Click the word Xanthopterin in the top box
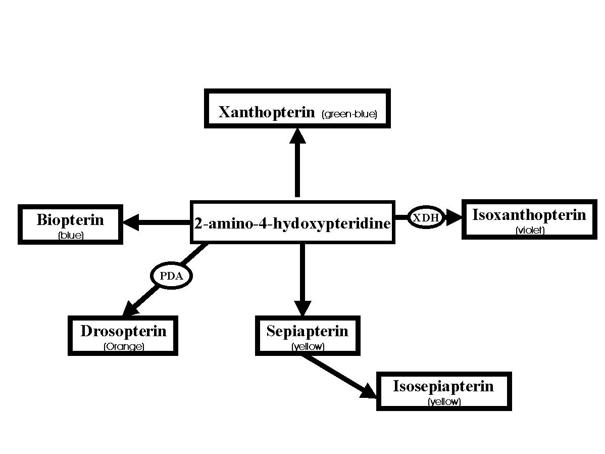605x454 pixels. click(x=267, y=112)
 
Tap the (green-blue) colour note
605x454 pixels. click(x=349, y=114)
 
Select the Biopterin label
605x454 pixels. click(x=70, y=220)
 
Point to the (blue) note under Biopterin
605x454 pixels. click(x=71, y=235)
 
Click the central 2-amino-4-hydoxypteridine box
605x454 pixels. click(x=292, y=222)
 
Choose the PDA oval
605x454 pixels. click(x=172, y=276)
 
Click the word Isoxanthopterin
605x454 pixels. click(x=529, y=215)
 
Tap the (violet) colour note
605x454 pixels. click(x=530, y=231)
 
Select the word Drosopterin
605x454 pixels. click(x=123, y=331)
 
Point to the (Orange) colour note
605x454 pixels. click(x=124, y=347)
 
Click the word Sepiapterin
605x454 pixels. click(x=308, y=331)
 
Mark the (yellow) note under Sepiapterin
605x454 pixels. click(x=308, y=347)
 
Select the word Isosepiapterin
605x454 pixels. click(x=443, y=387)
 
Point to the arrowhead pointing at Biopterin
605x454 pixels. click(x=131, y=222)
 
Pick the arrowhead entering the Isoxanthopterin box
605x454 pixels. click(x=455, y=217)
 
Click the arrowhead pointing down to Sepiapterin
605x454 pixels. click(x=302, y=308)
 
